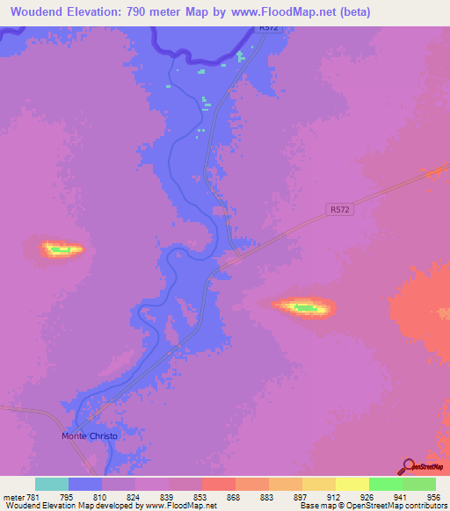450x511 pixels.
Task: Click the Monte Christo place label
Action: point(89,435)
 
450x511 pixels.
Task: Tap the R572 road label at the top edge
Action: point(268,28)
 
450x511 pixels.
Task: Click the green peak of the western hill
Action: point(61,250)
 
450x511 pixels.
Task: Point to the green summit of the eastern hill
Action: point(302,307)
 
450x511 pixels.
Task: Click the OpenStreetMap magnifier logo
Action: point(409,466)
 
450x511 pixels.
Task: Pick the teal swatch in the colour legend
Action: point(52,484)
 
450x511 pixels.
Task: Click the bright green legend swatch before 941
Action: point(386,484)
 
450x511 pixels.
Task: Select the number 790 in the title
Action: point(149,12)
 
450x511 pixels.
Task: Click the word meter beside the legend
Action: point(15,497)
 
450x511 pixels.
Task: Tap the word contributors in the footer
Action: point(424,506)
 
